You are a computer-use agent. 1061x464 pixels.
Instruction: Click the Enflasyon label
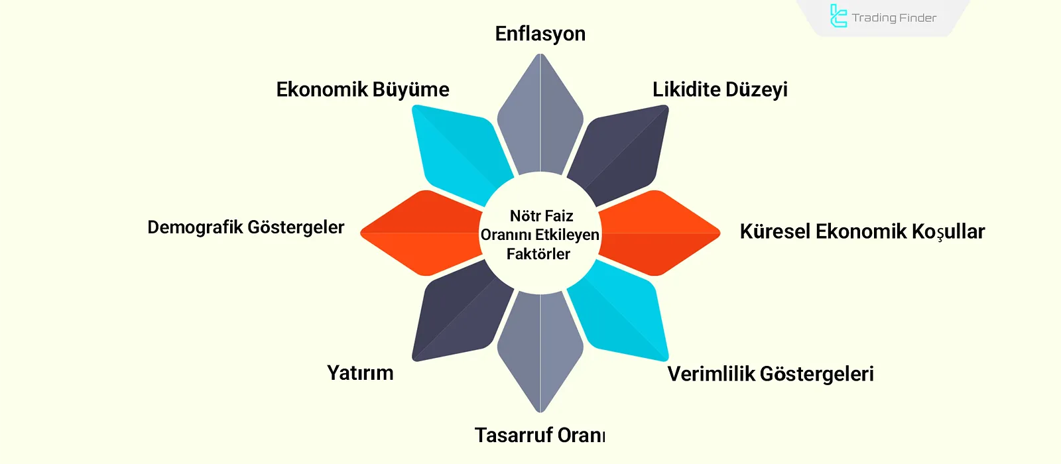tap(540, 34)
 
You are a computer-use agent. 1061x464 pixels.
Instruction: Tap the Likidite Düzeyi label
tap(719, 89)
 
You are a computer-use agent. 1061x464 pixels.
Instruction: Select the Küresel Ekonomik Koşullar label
tap(862, 231)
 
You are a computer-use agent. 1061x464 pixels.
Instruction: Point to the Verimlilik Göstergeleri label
tap(770, 374)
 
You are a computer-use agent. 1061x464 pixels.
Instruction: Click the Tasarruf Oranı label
tap(540, 435)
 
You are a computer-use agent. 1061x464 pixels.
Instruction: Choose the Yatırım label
tap(360, 373)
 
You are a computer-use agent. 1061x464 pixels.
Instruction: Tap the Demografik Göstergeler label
tap(245, 227)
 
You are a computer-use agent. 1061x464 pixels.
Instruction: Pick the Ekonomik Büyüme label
tap(363, 89)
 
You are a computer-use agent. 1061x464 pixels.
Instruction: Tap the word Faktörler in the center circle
tap(538, 254)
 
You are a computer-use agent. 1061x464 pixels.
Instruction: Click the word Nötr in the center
tap(525, 216)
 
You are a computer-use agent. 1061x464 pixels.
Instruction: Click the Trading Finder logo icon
tap(838, 17)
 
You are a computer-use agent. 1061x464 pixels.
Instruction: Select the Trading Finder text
tap(894, 18)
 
